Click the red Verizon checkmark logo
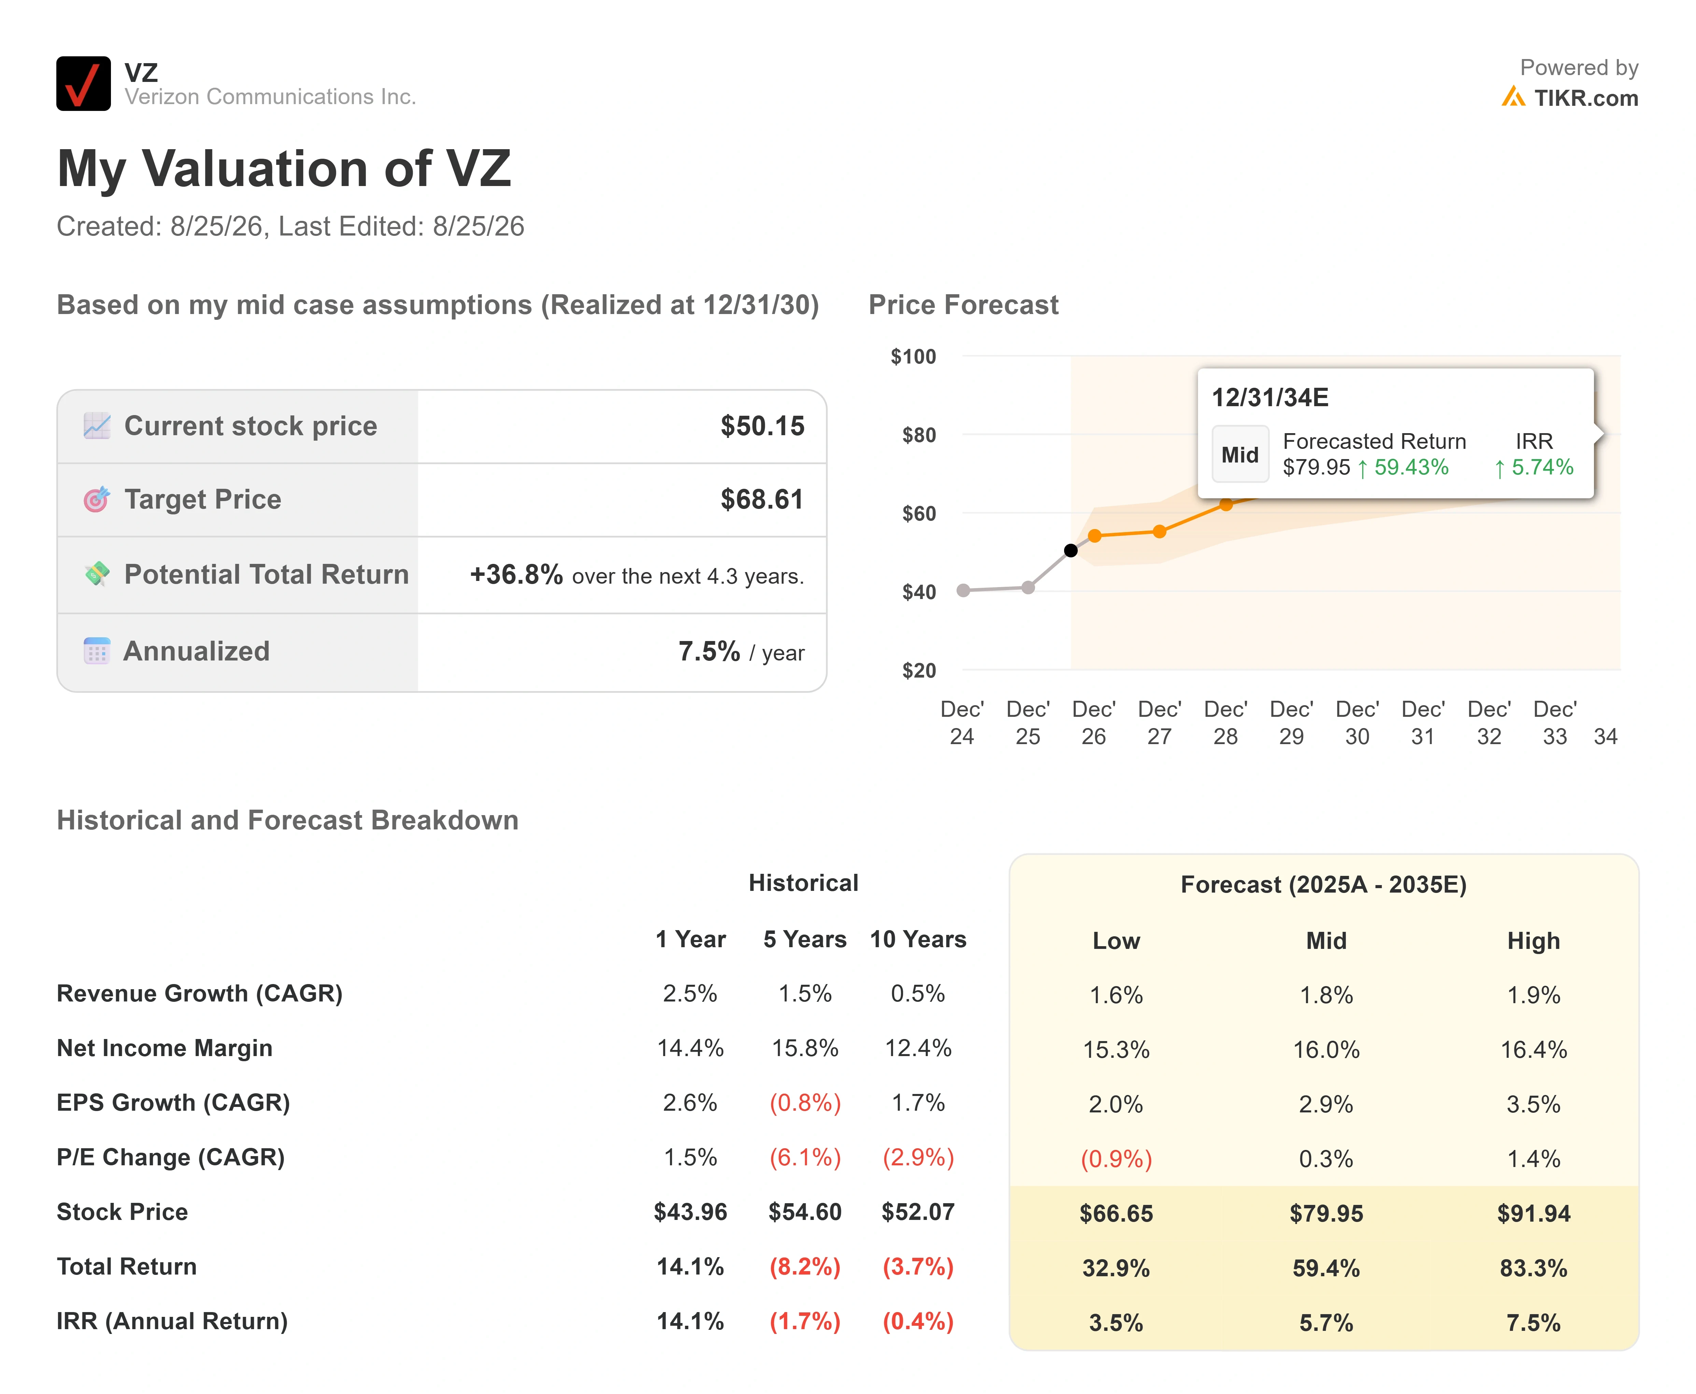click(x=83, y=84)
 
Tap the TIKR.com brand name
click(x=1586, y=98)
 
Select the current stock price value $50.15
click(x=762, y=426)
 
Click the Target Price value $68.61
click(x=762, y=499)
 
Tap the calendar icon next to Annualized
click(x=96, y=651)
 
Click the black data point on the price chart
click(x=1071, y=550)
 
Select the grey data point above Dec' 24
click(x=964, y=590)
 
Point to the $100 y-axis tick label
click(x=913, y=357)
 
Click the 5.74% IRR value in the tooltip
click(x=1534, y=467)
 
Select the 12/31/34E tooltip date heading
click(x=1270, y=398)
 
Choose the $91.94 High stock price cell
click(x=1533, y=1213)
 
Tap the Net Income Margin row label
click(x=165, y=1048)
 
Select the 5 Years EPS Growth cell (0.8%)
click(x=805, y=1103)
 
